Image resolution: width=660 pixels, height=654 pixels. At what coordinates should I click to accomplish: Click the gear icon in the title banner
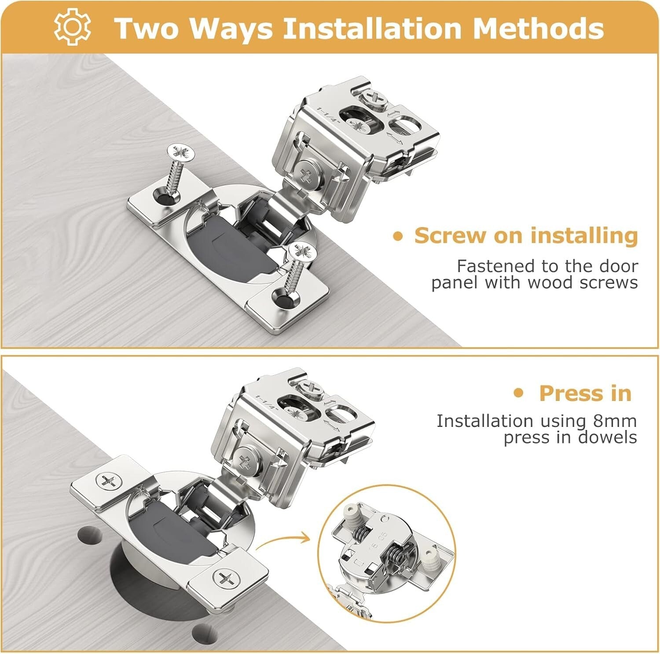[72, 27]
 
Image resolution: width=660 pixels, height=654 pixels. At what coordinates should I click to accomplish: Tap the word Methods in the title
[538, 28]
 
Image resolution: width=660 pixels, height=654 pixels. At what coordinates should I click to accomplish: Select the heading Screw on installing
[526, 235]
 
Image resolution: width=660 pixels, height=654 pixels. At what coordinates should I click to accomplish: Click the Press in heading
[585, 393]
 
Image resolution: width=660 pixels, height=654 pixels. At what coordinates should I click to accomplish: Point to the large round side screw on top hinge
[309, 173]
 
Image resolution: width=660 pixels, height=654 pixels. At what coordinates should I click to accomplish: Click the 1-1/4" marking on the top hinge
[325, 116]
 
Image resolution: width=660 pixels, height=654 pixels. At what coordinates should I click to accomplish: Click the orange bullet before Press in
[519, 393]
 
